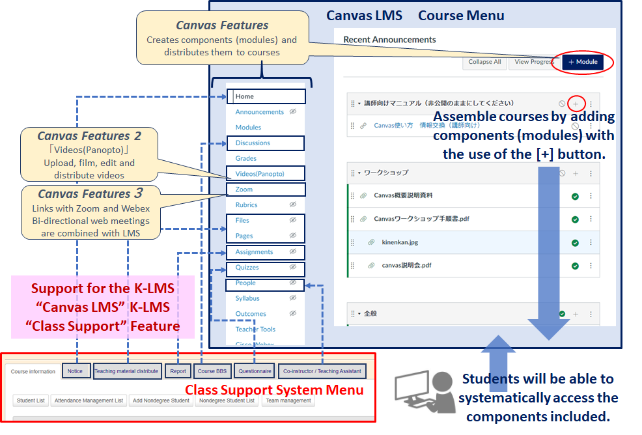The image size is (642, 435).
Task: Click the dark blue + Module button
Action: tap(583, 62)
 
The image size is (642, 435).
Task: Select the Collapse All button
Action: tap(485, 62)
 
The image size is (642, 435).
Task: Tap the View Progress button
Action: tap(533, 62)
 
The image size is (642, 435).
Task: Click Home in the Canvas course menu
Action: tap(245, 96)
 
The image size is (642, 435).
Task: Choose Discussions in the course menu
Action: tap(253, 143)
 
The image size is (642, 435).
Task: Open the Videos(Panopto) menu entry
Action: tap(260, 174)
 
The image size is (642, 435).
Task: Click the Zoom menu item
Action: tap(244, 189)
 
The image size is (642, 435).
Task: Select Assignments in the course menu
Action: tap(254, 252)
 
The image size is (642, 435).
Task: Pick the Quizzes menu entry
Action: tap(247, 268)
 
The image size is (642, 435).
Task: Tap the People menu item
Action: tap(245, 283)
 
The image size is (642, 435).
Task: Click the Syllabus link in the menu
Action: tap(247, 298)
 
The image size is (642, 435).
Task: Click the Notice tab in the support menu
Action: tap(76, 371)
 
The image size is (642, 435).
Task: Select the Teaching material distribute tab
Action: tap(126, 371)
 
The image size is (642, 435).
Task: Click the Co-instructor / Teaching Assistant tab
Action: tap(322, 371)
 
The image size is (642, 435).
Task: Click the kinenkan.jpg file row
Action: tap(400, 242)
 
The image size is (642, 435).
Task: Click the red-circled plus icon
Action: tap(576, 104)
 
